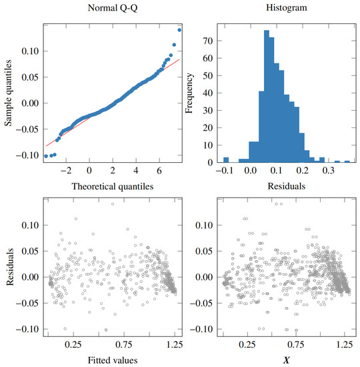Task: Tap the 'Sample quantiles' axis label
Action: click(9, 92)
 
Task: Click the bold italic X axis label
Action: click(286, 360)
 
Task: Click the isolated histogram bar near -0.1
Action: click(226, 160)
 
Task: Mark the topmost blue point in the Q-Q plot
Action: click(179, 29)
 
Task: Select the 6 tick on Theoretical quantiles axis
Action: click(159, 171)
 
